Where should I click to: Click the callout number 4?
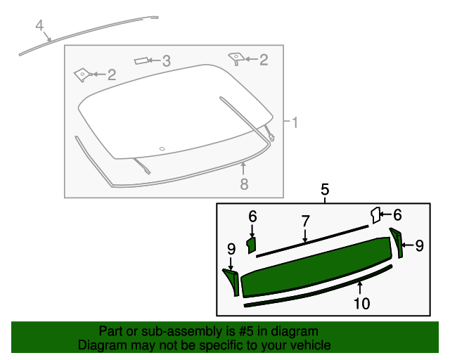(40, 27)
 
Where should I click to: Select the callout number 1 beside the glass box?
(295, 123)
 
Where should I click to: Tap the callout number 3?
(166, 61)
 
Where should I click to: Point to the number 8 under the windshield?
(244, 184)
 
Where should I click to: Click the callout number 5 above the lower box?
(325, 189)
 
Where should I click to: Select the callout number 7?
(305, 221)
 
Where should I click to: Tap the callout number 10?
(361, 304)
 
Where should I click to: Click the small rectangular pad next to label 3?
(142, 61)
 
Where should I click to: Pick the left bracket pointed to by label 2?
(83, 73)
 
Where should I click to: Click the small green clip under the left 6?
(251, 244)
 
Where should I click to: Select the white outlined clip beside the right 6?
(375, 214)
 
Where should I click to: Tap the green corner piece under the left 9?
(231, 282)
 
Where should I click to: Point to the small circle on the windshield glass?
(162, 148)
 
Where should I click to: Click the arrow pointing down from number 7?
(305, 236)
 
